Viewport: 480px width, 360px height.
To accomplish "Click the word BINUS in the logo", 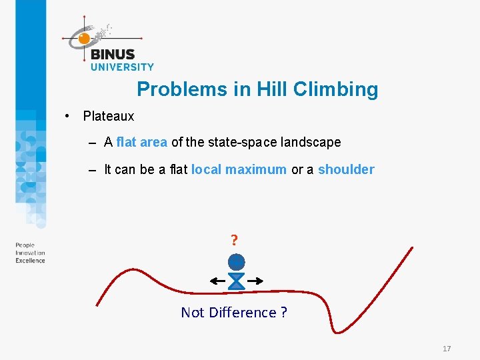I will pos(113,54).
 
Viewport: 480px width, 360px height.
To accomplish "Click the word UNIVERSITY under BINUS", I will pos(122,67).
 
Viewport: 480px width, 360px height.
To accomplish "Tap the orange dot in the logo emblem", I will pos(84,39).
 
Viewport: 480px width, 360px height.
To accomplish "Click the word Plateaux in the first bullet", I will pos(109,116).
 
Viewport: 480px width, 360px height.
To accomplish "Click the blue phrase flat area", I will pos(141,142).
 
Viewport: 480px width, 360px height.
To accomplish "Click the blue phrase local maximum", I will pos(239,169).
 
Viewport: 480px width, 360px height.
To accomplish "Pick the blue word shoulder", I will pos(346,169).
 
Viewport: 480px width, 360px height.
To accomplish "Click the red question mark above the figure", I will pos(235,240).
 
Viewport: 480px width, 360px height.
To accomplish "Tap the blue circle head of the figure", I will pos(236,261).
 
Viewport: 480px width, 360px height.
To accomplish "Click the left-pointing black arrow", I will pos(217,281).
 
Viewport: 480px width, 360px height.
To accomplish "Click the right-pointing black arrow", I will pos(255,281).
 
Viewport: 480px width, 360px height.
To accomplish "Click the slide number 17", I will pos(447,349).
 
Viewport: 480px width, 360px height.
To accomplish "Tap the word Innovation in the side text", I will pos(31,253).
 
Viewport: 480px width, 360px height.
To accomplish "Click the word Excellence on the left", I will pos(31,260).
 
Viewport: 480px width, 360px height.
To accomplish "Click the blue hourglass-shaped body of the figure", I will pos(236,281).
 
